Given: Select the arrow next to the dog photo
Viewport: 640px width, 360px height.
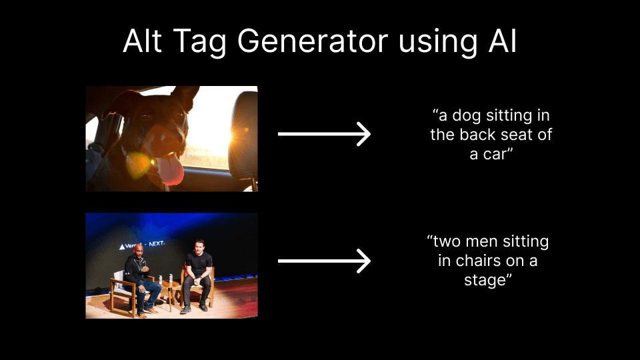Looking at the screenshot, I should pos(324,134).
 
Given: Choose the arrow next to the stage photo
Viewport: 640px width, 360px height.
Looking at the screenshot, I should pos(324,261).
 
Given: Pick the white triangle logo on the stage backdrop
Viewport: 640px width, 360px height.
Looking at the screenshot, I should pos(122,246).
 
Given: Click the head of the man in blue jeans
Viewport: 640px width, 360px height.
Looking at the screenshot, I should pos(139,251).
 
